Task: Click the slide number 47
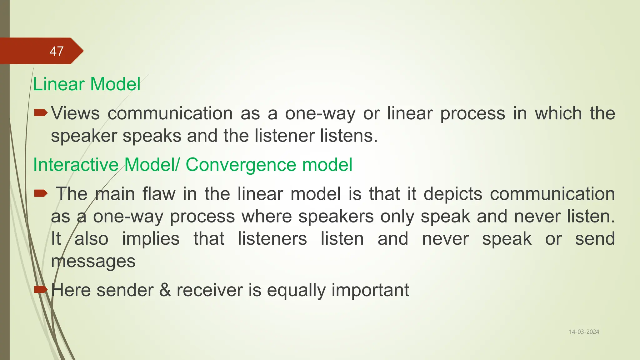tap(57, 51)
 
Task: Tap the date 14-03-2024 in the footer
tap(584, 332)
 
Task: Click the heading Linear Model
tap(87, 84)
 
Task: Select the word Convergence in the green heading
tap(241, 165)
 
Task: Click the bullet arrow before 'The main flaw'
tap(40, 194)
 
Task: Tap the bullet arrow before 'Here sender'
tap(40, 290)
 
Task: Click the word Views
tap(75, 113)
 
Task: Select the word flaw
tap(159, 194)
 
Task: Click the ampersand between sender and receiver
tap(165, 290)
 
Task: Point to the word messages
tap(93, 262)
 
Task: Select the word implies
tap(151, 239)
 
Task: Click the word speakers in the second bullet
tap(336, 217)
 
